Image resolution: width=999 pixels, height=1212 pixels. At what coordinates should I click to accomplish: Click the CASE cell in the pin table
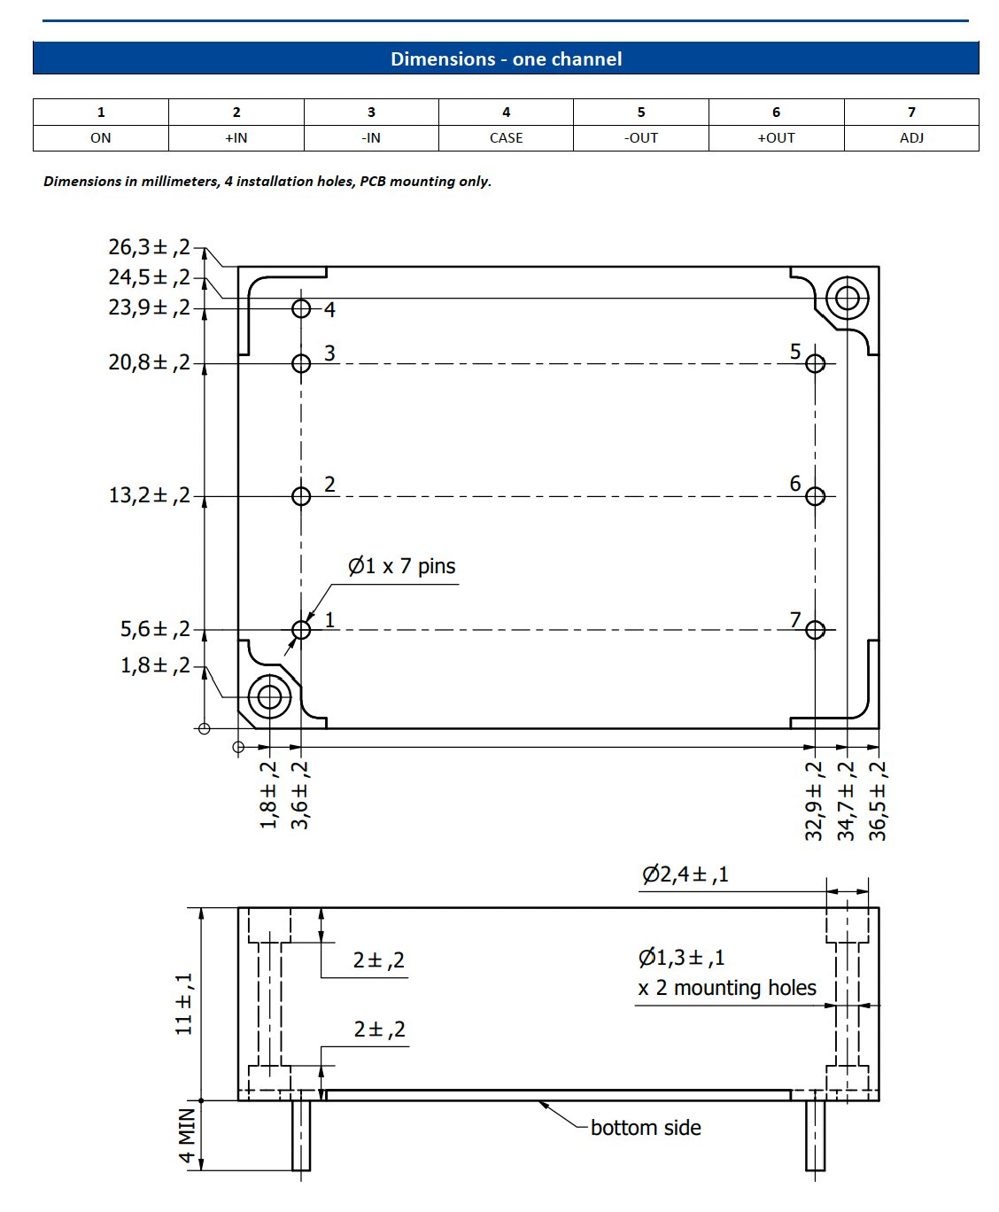click(x=506, y=138)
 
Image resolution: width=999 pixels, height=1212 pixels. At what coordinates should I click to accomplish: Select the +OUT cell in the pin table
click(x=776, y=138)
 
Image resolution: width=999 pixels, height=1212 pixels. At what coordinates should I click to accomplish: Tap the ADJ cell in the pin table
click(x=911, y=138)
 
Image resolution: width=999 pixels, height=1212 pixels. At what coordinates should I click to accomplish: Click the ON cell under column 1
click(x=101, y=138)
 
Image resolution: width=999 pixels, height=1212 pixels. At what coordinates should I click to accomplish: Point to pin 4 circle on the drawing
click(x=301, y=308)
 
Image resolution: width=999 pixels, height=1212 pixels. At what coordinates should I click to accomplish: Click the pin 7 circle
click(x=816, y=630)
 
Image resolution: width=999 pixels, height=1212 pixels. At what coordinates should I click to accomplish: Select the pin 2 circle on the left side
click(x=301, y=496)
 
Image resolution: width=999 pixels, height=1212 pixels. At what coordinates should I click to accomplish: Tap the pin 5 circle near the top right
click(x=816, y=363)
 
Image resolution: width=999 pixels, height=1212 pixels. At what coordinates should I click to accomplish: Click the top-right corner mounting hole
click(x=848, y=299)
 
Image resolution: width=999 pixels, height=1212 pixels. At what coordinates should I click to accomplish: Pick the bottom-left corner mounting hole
click(x=270, y=697)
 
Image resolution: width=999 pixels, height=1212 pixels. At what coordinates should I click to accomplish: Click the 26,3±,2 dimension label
click(x=149, y=247)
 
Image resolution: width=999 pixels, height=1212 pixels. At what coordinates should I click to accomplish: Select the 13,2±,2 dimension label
click(x=149, y=495)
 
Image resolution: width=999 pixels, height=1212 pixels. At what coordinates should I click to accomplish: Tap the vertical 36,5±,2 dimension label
click(x=877, y=801)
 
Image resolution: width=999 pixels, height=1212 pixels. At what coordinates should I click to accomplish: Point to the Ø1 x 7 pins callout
click(x=401, y=566)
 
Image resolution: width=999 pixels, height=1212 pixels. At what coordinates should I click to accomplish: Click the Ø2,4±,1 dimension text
click(x=685, y=874)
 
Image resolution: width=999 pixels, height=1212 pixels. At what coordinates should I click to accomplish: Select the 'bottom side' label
click(x=646, y=1128)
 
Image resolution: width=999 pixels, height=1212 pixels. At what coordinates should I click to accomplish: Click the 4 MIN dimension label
click(x=187, y=1136)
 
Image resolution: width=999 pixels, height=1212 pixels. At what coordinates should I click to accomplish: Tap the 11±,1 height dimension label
click(x=183, y=1004)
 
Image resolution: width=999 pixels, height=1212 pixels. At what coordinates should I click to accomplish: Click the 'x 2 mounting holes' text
click(x=727, y=988)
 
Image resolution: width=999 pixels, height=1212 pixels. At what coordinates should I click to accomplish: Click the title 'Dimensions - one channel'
click(x=506, y=59)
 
